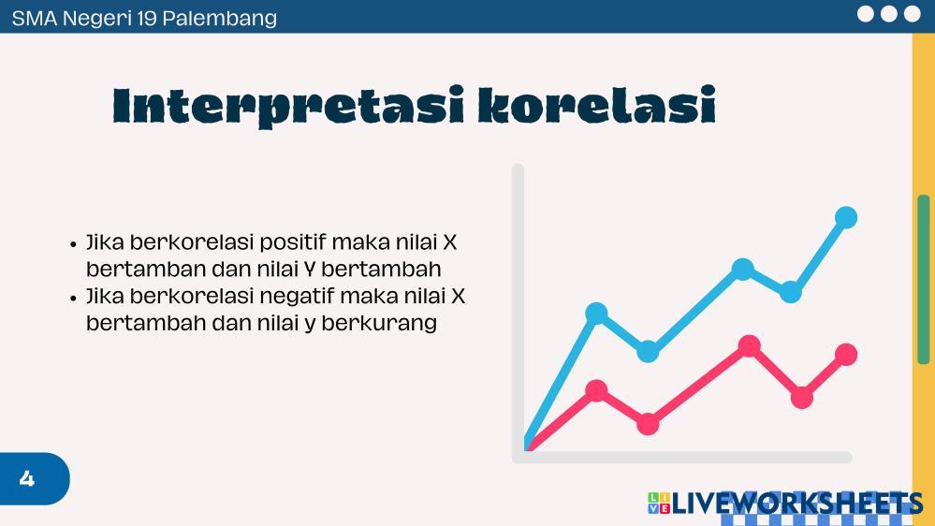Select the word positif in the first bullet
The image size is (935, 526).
click(x=293, y=243)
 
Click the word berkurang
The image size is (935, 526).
click(x=379, y=323)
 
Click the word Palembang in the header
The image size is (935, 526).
click(x=219, y=19)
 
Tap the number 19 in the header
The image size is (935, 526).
click(x=146, y=18)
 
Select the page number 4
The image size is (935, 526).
click(x=27, y=478)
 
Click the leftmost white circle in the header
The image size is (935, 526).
click(x=865, y=14)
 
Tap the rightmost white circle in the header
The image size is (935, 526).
click(x=912, y=14)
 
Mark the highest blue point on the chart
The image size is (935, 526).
click(x=845, y=218)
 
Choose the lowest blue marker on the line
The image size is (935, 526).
click(x=648, y=351)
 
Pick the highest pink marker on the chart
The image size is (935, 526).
click(x=749, y=346)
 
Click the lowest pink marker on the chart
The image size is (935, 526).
click(x=648, y=424)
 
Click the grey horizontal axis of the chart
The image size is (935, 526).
click(x=682, y=458)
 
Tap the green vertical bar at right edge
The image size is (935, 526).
click(x=923, y=279)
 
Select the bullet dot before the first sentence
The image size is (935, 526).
click(x=73, y=244)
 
